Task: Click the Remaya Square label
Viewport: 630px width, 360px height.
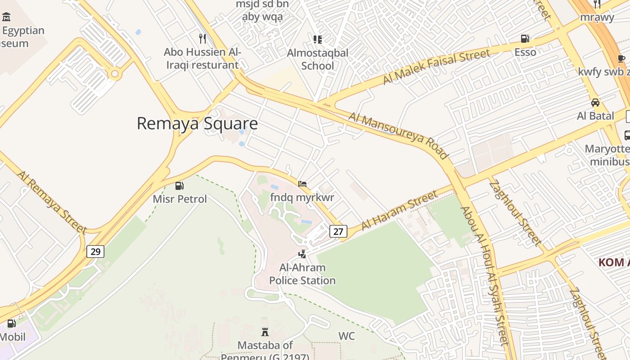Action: [x=197, y=123]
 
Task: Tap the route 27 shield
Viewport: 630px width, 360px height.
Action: [x=338, y=231]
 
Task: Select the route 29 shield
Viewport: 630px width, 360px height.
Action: [x=95, y=251]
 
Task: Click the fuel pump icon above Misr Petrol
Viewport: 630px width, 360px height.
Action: [x=179, y=186]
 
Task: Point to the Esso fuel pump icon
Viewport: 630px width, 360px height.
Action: [x=525, y=39]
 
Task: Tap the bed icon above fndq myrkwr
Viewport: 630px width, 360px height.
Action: [x=302, y=184]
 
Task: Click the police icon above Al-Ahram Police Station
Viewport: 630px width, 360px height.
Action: [x=302, y=254]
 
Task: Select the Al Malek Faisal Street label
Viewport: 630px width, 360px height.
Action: [x=436, y=67]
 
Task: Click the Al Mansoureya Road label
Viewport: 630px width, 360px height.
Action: [x=399, y=135]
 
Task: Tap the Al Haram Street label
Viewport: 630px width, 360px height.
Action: [x=399, y=210]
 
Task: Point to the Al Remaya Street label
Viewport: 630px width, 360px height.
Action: [x=52, y=202]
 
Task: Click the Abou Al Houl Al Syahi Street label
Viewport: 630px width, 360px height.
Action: [x=484, y=275]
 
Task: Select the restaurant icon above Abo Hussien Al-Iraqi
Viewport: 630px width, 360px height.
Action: [x=202, y=39]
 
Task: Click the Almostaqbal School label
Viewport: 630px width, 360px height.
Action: [x=318, y=59]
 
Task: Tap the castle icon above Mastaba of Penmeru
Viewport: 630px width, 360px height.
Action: [x=265, y=332]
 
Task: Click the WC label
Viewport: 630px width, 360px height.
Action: [x=346, y=336]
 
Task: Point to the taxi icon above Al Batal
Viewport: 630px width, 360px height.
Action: [x=595, y=103]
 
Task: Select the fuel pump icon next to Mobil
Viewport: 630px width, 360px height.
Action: [x=11, y=324]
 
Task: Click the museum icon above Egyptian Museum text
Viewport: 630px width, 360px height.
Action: [x=6, y=18]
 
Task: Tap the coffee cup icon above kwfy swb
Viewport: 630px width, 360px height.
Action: [x=621, y=58]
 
